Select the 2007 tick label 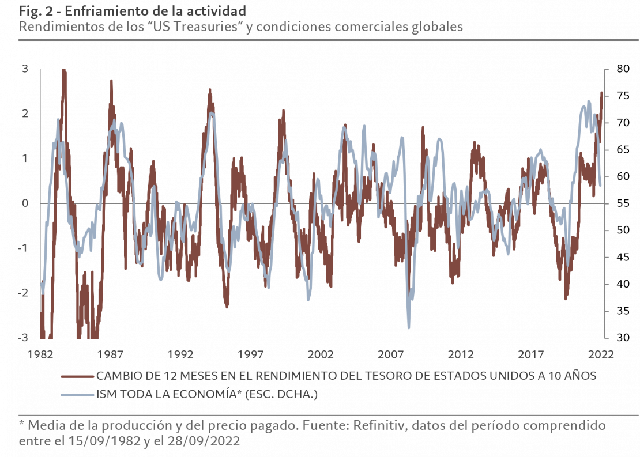[391, 353]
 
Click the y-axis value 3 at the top [25, 69]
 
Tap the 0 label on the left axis [25, 203]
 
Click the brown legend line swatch [77, 376]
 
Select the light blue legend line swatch [77, 395]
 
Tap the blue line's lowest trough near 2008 [409, 328]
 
